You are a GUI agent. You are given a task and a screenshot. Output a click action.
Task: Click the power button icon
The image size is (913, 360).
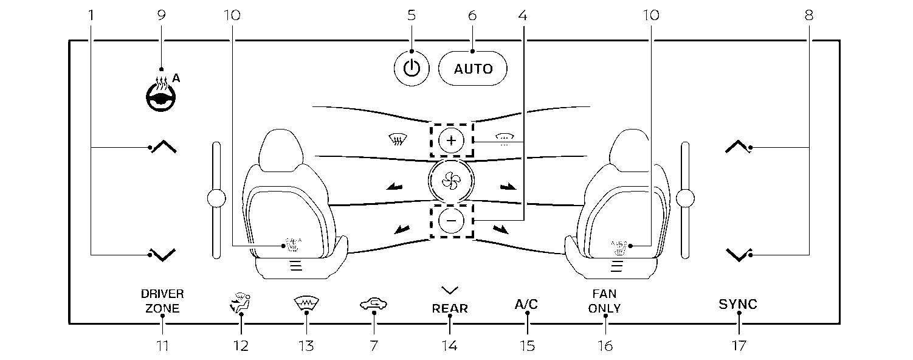pos(412,68)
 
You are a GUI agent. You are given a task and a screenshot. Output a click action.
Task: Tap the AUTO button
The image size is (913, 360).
pos(473,69)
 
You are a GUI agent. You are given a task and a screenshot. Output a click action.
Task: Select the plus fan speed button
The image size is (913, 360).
pos(451,140)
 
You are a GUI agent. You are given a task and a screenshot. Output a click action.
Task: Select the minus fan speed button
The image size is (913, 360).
pos(451,221)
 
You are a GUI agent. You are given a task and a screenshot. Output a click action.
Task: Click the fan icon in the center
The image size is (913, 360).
pos(451,181)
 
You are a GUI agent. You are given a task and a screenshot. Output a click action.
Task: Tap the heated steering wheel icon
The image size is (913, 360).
pos(161,94)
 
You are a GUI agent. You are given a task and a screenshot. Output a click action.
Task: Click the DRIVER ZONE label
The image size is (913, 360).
pos(163,301)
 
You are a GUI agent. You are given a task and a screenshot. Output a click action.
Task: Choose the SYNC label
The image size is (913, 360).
pos(738,304)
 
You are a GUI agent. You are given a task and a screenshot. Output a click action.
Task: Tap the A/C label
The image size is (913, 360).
pos(526,304)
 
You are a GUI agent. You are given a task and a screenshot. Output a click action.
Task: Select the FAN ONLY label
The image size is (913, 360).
pos(604,301)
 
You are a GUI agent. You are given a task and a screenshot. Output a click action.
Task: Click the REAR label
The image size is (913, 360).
pos(450,309)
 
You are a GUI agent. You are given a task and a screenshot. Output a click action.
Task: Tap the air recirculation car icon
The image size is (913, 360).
pos(373,304)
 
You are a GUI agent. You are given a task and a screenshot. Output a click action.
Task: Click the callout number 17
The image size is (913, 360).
pos(739,346)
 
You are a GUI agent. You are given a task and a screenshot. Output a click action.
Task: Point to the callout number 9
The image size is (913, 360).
pos(162,15)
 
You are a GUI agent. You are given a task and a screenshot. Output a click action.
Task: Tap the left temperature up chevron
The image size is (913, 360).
pos(164,147)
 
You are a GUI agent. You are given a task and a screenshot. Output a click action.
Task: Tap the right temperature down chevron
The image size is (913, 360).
pos(738,255)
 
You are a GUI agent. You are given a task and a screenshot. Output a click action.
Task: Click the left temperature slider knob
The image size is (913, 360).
pos(216,199)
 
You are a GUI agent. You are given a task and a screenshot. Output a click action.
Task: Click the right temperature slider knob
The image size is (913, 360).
pos(685,199)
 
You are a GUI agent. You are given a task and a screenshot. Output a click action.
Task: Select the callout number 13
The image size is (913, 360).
pos(306,346)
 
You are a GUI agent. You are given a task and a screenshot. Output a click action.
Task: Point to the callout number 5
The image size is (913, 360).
pos(412,15)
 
